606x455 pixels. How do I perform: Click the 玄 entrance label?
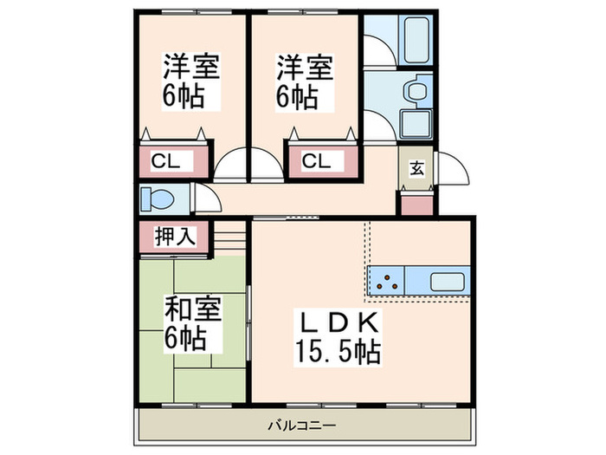416,168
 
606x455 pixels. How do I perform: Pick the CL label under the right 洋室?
317,160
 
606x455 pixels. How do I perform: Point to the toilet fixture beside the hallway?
158,198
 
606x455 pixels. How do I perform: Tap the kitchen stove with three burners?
386,281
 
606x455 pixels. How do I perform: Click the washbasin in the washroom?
417,90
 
